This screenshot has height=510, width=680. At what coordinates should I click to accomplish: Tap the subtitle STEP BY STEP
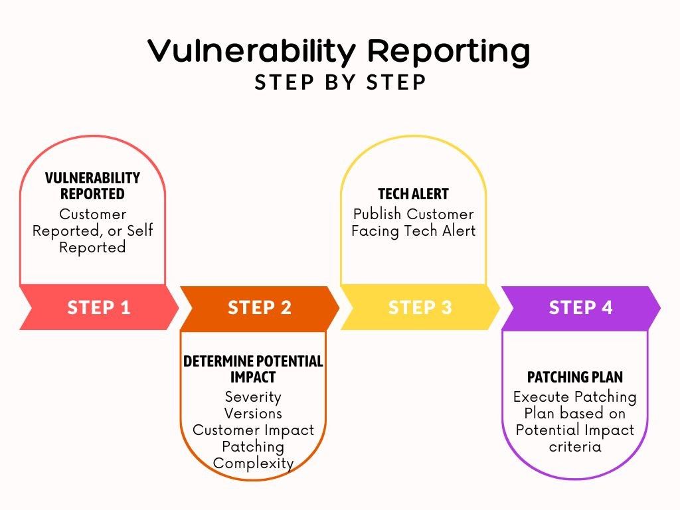point(340,82)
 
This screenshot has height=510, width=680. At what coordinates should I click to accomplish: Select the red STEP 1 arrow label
point(99,307)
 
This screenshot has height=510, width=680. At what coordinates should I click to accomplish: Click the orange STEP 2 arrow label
point(260,307)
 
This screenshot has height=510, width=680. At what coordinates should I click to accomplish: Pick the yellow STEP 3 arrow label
point(420,307)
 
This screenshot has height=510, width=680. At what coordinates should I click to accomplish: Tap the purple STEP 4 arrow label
point(580,307)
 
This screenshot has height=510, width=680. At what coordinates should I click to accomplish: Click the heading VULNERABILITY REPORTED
point(92,186)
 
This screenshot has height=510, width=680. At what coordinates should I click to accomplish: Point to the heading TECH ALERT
point(413,194)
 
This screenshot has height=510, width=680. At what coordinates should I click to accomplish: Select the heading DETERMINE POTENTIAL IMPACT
point(253,369)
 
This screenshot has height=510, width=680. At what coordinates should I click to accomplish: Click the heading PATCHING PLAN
point(575,377)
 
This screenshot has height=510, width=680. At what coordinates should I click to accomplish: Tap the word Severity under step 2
point(253,397)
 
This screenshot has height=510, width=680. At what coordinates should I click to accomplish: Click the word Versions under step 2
point(253,413)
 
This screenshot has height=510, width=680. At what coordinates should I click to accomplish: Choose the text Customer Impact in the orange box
point(253,430)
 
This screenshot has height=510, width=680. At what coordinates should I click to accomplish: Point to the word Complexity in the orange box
point(253,463)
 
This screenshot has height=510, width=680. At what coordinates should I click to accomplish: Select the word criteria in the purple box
point(575,446)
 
